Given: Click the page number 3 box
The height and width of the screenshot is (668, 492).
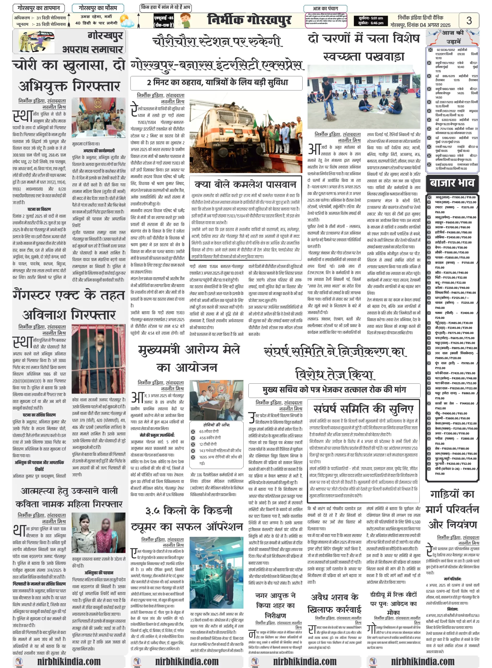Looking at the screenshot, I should click(x=469, y=20).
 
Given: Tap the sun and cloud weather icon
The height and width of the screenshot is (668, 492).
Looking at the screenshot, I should click(x=126, y=21).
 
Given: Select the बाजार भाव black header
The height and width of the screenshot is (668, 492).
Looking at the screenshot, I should click(x=452, y=183).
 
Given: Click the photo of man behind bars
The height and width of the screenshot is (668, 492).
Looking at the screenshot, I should click(x=98, y=359).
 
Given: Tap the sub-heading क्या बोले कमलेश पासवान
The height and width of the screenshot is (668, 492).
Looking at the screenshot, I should click(x=245, y=184).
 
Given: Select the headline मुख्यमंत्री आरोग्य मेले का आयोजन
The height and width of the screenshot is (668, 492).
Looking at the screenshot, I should click(x=188, y=359).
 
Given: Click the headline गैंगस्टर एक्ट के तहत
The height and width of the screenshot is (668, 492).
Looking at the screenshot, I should click(x=68, y=295).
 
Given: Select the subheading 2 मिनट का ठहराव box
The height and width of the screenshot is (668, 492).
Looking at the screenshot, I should click(x=216, y=83).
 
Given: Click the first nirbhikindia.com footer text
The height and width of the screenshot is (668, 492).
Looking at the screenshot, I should click(x=69, y=661).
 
